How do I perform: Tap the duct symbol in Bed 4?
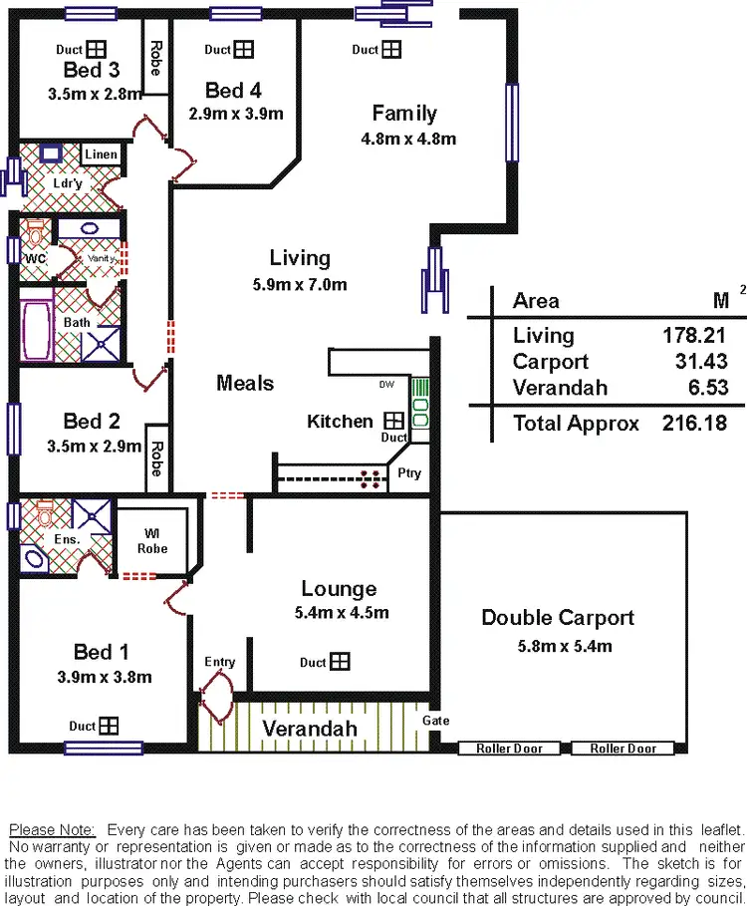click(x=243, y=49)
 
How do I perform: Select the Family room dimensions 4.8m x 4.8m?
click(x=408, y=139)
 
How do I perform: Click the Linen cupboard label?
click(x=101, y=154)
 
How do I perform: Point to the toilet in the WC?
click(x=35, y=236)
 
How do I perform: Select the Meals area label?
click(x=245, y=383)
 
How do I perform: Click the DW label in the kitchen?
click(x=385, y=386)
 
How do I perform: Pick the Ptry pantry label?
click(x=408, y=474)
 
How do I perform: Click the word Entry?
click(x=220, y=662)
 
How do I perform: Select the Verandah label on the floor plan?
click(x=309, y=729)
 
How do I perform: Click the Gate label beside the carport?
click(x=435, y=720)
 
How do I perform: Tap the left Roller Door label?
click(x=510, y=749)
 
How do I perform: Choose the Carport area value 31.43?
click(x=695, y=362)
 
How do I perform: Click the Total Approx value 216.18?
click(x=694, y=423)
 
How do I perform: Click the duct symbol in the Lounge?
click(x=341, y=662)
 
